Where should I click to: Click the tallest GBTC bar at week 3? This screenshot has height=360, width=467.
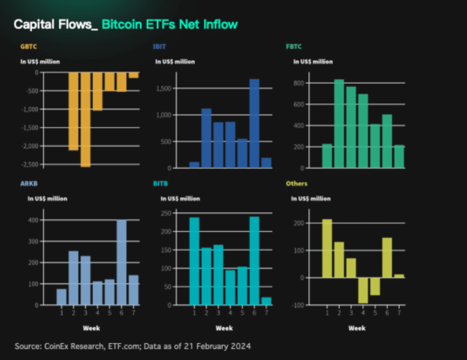[85, 119]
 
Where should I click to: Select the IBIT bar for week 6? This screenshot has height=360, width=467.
[255, 123]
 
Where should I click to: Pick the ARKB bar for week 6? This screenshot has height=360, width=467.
[122, 262]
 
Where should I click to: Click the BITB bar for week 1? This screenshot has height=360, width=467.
[194, 261]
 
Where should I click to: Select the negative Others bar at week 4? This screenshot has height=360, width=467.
[362, 290]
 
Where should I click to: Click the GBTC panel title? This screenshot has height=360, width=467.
[29, 46]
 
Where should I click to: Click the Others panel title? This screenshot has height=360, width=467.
[297, 184]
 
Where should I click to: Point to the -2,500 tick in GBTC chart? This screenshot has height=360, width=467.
[30, 164]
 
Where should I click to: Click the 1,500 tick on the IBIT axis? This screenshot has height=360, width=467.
[163, 88]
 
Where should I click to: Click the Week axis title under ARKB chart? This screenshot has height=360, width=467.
[91, 328]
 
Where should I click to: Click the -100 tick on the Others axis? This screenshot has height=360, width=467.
[298, 305]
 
